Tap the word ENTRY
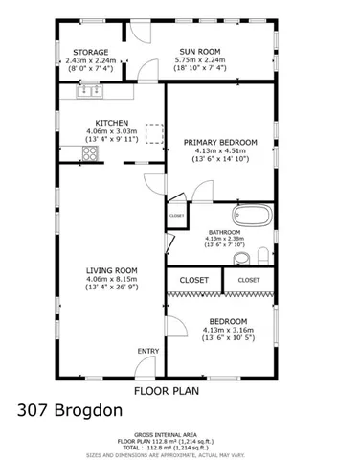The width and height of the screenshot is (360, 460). (x=147, y=352)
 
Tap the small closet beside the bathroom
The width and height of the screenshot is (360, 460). (x=176, y=217)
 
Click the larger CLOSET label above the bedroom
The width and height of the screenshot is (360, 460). (x=194, y=280)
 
